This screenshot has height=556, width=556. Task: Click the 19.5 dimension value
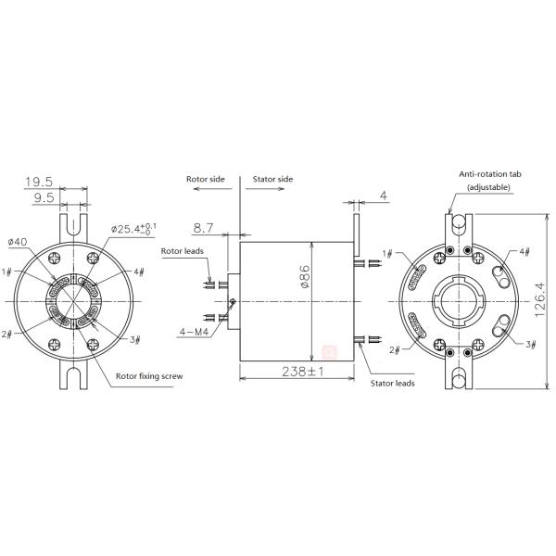click(x=39, y=182)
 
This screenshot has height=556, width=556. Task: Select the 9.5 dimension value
click(x=44, y=197)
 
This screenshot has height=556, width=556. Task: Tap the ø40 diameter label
click(x=18, y=242)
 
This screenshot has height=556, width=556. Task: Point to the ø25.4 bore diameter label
click(x=133, y=229)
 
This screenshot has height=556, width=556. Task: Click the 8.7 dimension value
click(x=203, y=228)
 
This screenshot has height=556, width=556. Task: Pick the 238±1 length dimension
click(x=303, y=372)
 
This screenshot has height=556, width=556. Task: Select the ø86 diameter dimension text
click(x=305, y=276)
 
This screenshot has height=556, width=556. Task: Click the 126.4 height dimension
click(x=539, y=300)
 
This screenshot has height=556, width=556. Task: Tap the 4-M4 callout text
click(x=194, y=332)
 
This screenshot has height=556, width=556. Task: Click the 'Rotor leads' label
click(x=183, y=251)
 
